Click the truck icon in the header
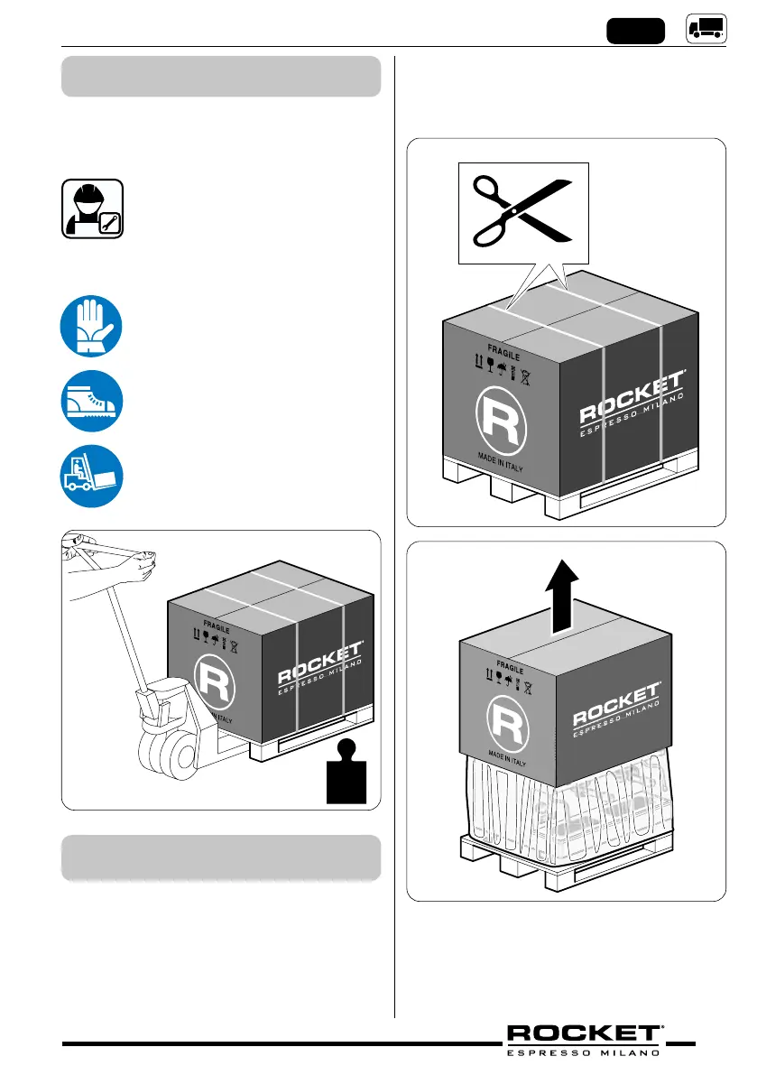pyautogui.click(x=706, y=29)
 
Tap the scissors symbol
pyautogui.click(x=522, y=211)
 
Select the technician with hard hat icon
pyautogui.click(x=92, y=209)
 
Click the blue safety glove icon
pyautogui.click(x=92, y=327)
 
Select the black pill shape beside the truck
pyautogui.click(x=635, y=31)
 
